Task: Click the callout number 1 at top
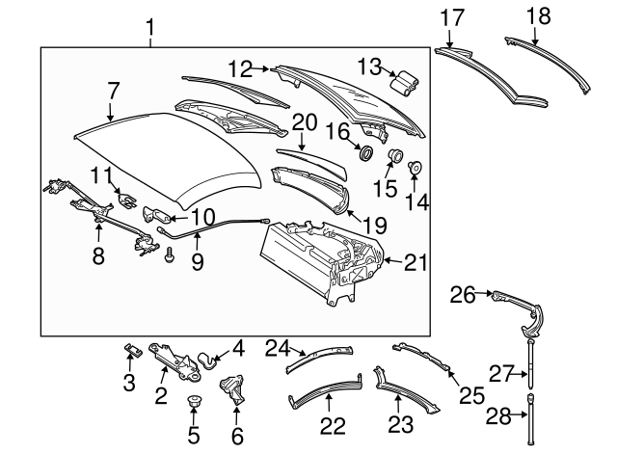click(x=149, y=26)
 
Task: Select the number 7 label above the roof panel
click(x=113, y=92)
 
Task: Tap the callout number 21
click(x=415, y=259)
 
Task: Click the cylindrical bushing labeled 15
click(x=393, y=158)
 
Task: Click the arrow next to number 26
click(x=487, y=293)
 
